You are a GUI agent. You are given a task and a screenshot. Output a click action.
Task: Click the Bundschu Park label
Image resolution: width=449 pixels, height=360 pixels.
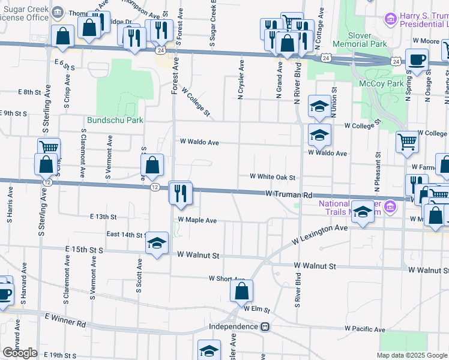point(115,120)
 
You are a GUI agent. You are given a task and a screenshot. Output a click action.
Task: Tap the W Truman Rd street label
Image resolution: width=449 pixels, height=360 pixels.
point(290,195)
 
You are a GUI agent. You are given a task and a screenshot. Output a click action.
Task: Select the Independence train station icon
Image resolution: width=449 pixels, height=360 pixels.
point(264,327)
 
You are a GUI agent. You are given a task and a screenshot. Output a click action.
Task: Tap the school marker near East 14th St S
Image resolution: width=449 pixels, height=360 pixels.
point(157,243)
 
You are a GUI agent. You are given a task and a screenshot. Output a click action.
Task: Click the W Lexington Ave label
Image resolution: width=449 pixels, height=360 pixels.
point(320,235)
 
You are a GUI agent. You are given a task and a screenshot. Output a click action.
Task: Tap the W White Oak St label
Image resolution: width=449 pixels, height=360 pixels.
point(273,177)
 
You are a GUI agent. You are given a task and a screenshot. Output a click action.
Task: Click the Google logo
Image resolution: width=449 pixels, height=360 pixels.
point(20,353)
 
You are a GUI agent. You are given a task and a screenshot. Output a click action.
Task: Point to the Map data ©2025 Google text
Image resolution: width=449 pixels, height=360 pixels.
point(411,355)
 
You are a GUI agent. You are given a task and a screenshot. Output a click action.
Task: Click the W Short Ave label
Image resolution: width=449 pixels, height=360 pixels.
point(227,278)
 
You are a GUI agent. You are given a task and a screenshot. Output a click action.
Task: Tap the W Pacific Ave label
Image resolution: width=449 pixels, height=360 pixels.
point(364,329)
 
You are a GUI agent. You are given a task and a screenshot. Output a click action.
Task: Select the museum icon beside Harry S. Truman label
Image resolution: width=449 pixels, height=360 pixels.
point(391,20)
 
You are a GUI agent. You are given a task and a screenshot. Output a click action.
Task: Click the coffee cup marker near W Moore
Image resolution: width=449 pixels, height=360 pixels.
point(417,59)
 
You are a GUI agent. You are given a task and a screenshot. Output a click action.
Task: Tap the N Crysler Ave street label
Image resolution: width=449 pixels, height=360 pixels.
point(241,82)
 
